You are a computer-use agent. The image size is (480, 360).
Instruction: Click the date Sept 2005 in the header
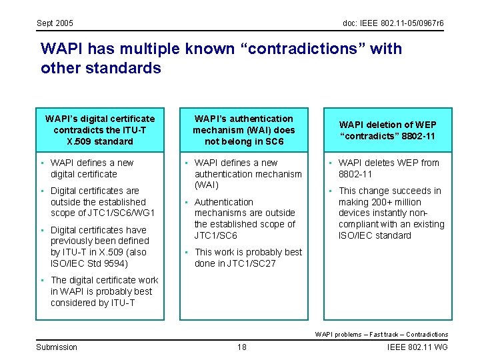[55, 23]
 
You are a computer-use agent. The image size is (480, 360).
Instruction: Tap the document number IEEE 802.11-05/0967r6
[393, 23]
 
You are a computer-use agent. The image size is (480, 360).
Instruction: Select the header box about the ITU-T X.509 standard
[100, 130]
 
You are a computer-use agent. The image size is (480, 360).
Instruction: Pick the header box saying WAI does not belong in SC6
[243, 130]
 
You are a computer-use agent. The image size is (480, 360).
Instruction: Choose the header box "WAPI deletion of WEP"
[387, 130]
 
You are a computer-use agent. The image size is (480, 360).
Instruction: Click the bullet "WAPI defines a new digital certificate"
[92, 168]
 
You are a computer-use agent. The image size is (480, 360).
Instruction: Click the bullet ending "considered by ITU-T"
[103, 291]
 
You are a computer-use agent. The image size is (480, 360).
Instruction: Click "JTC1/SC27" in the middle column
[252, 263]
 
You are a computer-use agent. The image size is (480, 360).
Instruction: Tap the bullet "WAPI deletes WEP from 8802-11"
[389, 168]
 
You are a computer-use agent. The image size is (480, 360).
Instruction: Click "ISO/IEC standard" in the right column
[375, 235]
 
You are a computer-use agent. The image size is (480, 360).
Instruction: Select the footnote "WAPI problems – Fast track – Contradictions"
[381, 335]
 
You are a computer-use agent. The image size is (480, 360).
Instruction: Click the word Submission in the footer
[57, 347]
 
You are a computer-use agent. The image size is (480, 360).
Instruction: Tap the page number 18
[241, 347]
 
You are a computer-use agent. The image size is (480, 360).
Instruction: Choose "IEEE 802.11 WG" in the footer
[417, 347]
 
